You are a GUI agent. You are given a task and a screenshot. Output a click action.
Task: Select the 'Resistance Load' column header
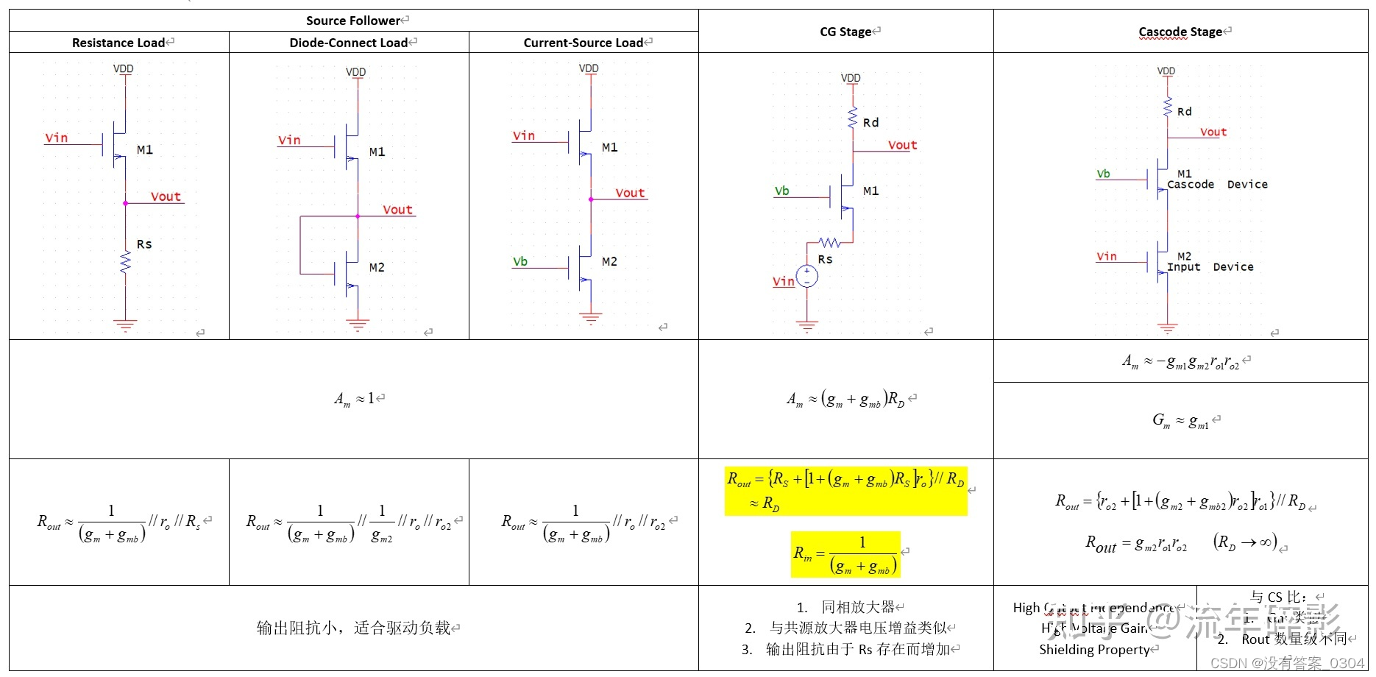point(118,43)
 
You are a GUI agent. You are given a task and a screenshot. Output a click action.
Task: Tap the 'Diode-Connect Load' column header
point(348,43)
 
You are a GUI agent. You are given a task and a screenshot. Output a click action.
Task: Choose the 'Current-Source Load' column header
point(583,43)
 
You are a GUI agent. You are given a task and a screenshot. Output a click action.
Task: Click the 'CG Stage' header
point(845,32)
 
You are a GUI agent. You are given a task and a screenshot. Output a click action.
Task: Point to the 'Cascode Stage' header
point(1180,32)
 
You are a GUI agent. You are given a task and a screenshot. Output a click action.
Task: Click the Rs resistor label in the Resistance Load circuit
point(144,244)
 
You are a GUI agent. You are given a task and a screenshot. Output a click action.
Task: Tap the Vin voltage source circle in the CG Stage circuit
point(806,276)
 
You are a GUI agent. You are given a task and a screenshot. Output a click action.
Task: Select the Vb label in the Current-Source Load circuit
point(520,261)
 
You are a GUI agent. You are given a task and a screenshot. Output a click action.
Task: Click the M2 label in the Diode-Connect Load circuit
point(377,267)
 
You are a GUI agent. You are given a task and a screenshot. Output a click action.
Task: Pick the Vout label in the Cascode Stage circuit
point(1213,132)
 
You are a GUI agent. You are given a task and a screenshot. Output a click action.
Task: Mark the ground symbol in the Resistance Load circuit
point(125,324)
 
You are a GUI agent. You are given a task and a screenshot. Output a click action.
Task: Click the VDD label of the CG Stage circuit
point(851,78)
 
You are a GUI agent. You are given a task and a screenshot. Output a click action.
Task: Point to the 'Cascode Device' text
point(1217,185)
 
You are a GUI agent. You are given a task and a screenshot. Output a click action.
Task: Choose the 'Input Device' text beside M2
point(1210,267)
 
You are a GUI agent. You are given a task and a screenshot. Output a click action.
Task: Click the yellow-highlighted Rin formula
point(845,554)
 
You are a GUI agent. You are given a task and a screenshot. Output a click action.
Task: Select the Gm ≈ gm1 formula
point(1180,421)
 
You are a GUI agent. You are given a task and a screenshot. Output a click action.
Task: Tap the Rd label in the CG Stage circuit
point(870,123)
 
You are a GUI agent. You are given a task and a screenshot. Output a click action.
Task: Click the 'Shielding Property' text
point(1094,650)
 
